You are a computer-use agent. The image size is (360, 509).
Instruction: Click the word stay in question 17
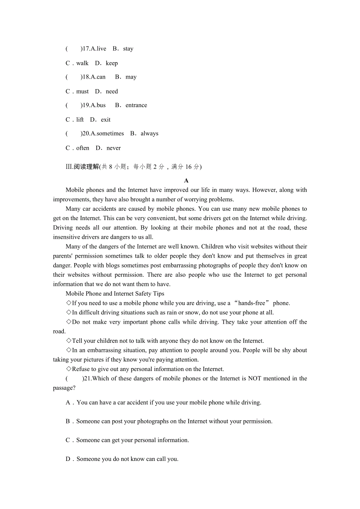(x=128, y=49)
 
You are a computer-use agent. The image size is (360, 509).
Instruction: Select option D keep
(x=112, y=63)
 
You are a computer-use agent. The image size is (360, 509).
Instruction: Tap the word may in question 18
(x=131, y=77)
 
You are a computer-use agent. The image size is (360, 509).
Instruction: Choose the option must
(x=83, y=91)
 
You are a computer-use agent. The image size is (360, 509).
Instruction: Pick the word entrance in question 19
(x=136, y=105)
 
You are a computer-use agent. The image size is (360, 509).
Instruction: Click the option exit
(x=106, y=120)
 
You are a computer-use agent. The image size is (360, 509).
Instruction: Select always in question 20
(x=149, y=134)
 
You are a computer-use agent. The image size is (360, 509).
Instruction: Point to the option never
(x=113, y=148)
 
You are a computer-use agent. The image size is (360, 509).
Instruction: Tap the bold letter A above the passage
(x=186, y=181)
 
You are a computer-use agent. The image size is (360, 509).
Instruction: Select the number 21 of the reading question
(x=86, y=378)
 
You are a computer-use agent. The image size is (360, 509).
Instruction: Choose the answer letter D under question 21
(x=68, y=459)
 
